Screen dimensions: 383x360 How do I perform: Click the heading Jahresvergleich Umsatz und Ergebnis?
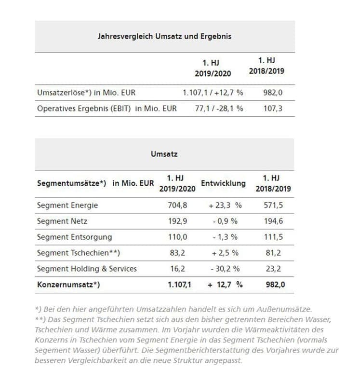[x=164, y=36]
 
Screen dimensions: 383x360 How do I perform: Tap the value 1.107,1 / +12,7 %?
[x=213, y=92]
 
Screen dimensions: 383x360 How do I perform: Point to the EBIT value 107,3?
[x=273, y=109]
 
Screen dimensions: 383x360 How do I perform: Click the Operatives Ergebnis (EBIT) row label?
[x=107, y=109]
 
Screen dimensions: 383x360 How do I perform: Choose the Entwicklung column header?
[x=223, y=183]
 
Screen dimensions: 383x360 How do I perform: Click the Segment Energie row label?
[x=67, y=205]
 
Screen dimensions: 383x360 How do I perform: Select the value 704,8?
[x=177, y=205]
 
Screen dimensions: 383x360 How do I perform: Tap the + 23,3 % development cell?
[x=225, y=205]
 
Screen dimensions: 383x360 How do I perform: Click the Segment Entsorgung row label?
[x=74, y=237]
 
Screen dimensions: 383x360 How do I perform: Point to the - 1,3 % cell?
[x=225, y=237]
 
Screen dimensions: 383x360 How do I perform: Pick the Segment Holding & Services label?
[x=86, y=269]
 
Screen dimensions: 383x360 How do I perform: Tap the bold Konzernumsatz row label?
[x=68, y=285]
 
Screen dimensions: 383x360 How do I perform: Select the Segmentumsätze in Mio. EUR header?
[x=95, y=183]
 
